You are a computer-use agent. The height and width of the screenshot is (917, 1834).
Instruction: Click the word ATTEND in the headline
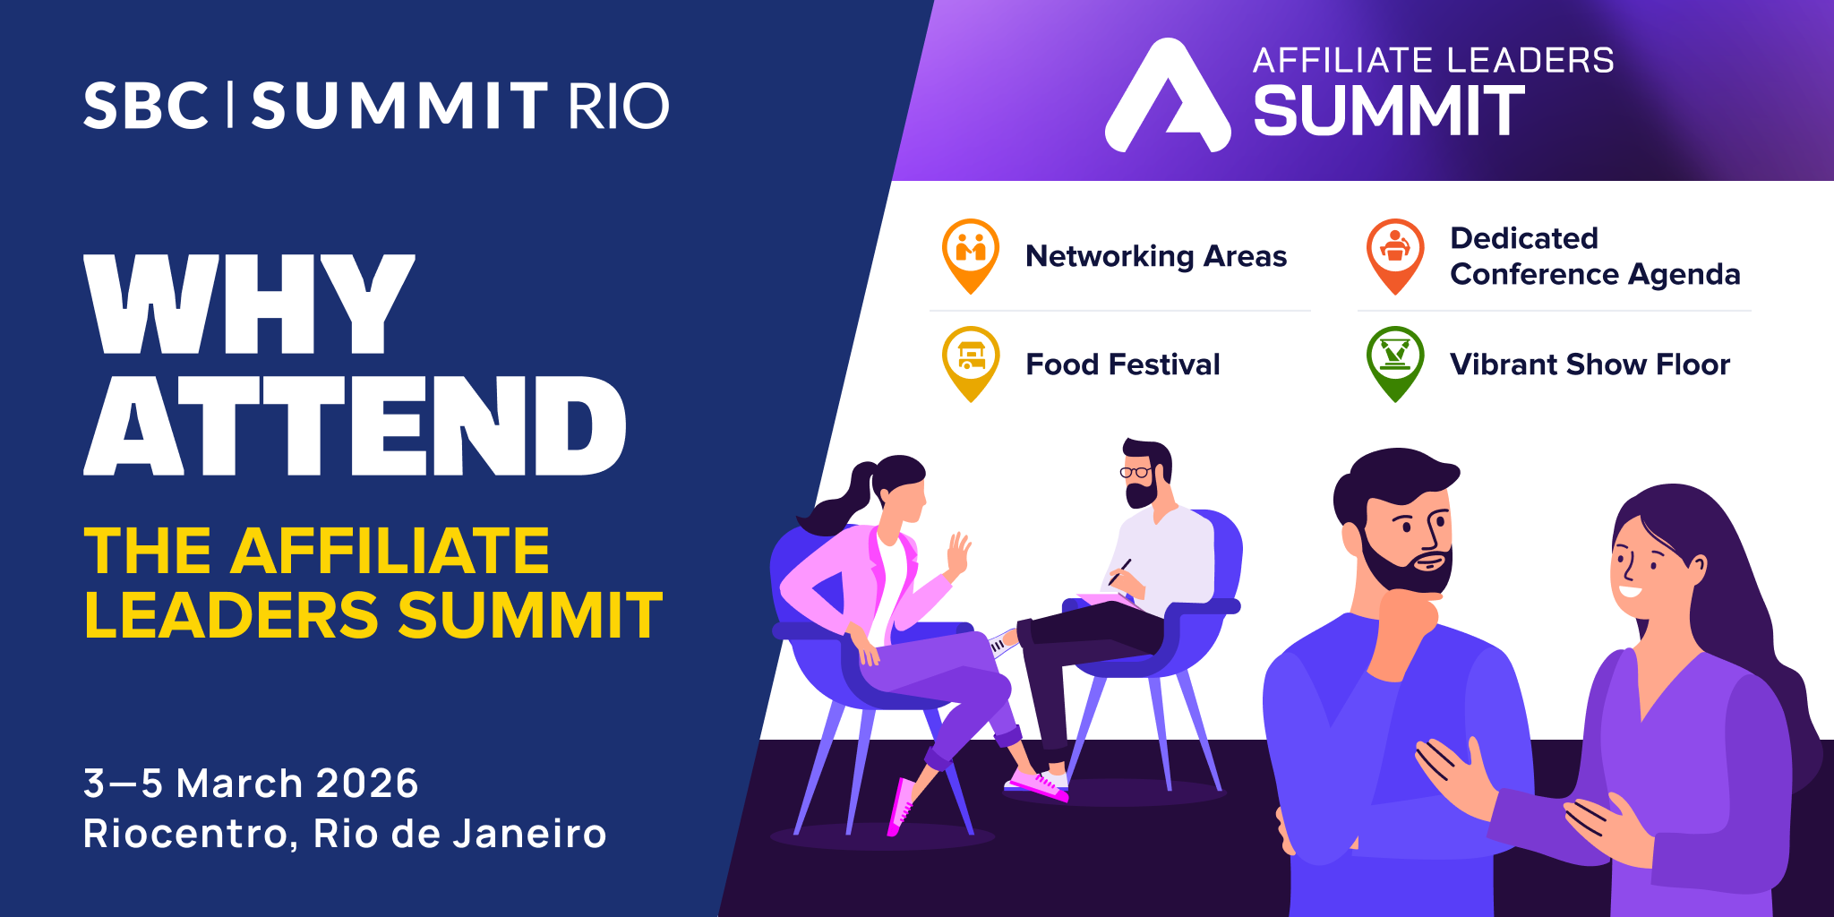[x=355, y=425]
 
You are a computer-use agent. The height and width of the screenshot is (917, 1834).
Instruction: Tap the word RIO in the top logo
[x=619, y=107]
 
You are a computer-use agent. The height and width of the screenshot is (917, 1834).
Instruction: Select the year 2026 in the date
[x=367, y=784]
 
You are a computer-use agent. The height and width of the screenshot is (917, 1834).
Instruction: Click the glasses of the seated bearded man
[x=1136, y=472]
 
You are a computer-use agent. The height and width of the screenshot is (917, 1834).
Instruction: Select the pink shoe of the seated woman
[x=901, y=807]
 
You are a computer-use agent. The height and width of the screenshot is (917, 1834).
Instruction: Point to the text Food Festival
[x=1123, y=364]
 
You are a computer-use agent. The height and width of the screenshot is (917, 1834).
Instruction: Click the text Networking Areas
[x=1156, y=256]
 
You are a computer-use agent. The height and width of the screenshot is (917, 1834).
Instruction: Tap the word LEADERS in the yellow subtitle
[x=232, y=615]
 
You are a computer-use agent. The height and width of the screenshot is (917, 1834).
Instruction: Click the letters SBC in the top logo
[x=147, y=107]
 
